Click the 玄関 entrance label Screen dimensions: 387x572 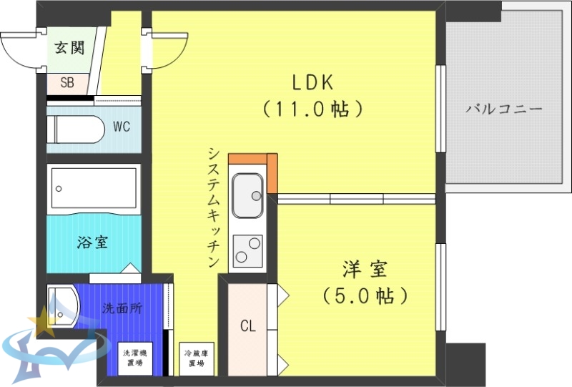point(69,49)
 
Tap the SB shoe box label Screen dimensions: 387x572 point(66,82)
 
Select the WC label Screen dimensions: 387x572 point(122,127)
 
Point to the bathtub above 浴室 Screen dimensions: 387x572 point(93,188)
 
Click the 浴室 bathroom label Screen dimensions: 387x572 point(92,242)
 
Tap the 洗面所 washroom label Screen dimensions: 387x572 point(122,309)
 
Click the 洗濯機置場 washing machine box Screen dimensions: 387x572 point(134,358)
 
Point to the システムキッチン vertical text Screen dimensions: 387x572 point(213,207)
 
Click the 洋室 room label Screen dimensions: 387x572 point(365,270)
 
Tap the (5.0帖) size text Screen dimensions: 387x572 point(365,295)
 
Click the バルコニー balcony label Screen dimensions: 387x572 point(504,109)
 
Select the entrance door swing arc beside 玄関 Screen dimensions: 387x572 point(20,49)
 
